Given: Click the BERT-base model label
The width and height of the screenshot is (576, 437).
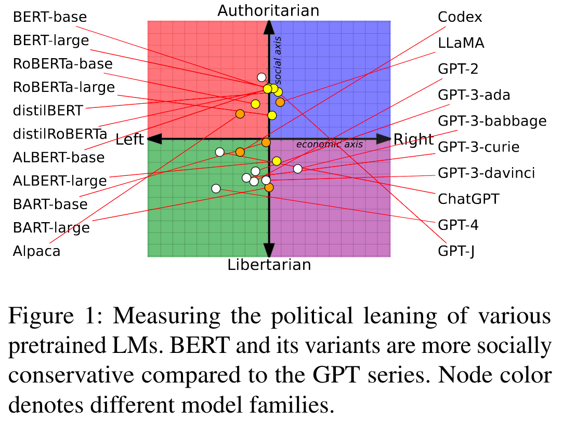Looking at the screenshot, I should (50, 17).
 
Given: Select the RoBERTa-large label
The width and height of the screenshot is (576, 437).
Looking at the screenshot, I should (63, 87).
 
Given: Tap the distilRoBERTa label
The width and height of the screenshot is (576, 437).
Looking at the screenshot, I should (60, 134).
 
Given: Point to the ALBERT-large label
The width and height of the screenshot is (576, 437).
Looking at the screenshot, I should (60, 181).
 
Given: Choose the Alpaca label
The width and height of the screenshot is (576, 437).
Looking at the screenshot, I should (36, 251).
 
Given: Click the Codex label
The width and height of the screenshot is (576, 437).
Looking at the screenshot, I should (460, 17).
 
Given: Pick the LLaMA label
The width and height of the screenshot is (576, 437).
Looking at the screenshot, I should (461, 43).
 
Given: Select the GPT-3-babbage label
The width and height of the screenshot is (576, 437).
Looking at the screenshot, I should (492, 121).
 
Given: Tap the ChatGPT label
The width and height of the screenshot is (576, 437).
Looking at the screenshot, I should (468, 199).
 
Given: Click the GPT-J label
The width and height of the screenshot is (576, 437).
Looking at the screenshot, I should (456, 251).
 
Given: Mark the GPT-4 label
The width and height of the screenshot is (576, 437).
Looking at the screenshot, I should (458, 225).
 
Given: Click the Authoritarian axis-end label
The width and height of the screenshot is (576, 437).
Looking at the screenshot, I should (268, 10).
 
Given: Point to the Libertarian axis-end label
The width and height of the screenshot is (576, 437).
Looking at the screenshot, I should (269, 265).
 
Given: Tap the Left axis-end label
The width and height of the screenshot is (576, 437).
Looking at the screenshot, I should (129, 139).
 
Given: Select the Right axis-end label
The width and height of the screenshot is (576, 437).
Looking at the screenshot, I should (413, 139).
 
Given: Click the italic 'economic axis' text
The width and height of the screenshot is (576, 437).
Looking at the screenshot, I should (330, 144).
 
